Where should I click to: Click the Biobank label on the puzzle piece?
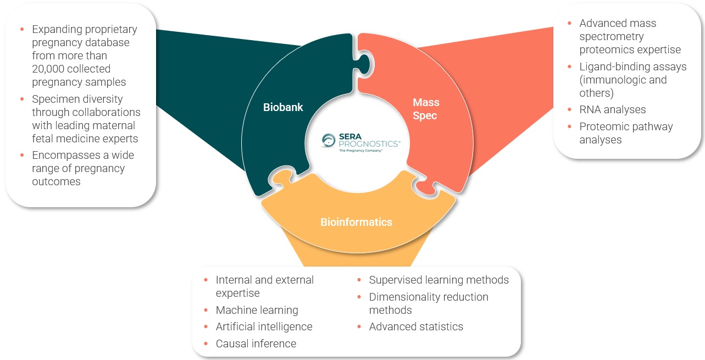(x=282, y=107)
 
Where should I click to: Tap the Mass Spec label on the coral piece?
(x=426, y=109)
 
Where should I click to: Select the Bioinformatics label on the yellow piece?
(x=356, y=222)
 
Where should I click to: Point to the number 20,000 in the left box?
(x=55, y=69)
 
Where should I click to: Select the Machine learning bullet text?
(x=257, y=310)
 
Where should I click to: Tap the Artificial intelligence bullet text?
(x=264, y=326)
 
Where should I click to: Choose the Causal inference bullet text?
(x=256, y=344)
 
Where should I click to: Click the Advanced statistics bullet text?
(x=415, y=326)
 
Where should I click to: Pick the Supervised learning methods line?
(x=438, y=280)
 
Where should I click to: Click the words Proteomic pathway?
(x=626, y=126)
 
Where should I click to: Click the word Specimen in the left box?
(x=53, y=99)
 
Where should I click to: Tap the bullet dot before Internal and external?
(x=206, y=280)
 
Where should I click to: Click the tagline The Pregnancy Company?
(x=360, y=150)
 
